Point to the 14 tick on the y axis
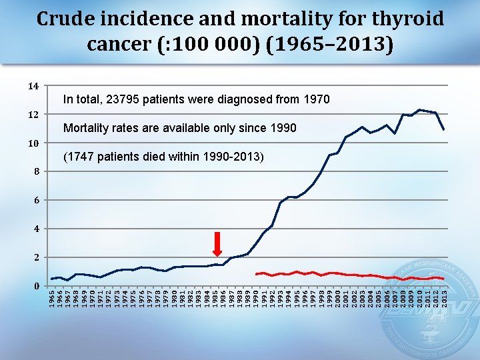coord(33,86)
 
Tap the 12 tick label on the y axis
coord(33,115)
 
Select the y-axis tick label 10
coord(33,143)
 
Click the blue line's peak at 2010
coord(419,109)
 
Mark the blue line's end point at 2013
coord(443,129)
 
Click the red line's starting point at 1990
coord(256,274)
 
